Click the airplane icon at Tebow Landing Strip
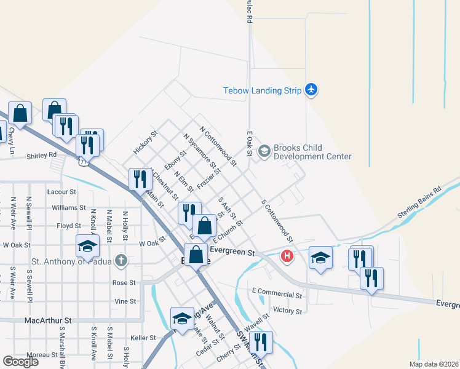click(x=311, y=90)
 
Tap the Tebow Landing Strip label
click(x=262, y=91)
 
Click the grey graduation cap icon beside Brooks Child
click(x=264, y=151)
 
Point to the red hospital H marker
click(x=286, y=256)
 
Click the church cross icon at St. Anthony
click(x=121, y=260)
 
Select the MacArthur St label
click(x=48, y=320)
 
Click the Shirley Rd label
click(x=41, y=156)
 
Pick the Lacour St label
click(x=61, y=192)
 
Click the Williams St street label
click(x=65, y=208)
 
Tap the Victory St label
click(x=288, y=311)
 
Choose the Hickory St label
click(x=146, y=142)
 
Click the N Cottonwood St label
click(x=218, y=146)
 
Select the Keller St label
click(x=143, y=338)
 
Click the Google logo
click(x=20, y=362)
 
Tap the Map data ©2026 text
click(x=432, y=364)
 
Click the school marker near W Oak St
click(x=87, y=247)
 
